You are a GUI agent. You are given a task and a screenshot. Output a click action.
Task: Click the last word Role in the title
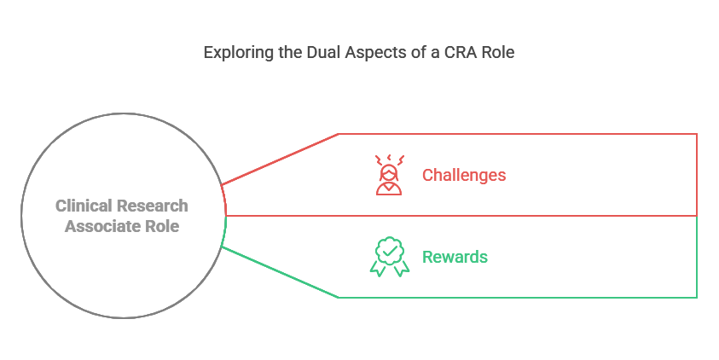click(498, 52)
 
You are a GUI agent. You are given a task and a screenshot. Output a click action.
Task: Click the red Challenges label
click(464, 175)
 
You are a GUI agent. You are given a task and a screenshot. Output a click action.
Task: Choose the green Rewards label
click(455, 256)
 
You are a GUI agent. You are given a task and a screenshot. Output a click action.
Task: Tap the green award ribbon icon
click(389, 256)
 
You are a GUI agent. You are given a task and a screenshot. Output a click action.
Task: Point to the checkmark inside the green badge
click(389, 251)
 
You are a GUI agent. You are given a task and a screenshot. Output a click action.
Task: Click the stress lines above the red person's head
click(389, 159)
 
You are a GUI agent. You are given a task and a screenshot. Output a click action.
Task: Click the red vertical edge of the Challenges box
click(697, 174)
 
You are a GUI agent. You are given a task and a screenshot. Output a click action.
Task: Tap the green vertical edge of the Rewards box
click(697, 256)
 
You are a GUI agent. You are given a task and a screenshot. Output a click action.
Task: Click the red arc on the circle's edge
click(224, 200)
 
